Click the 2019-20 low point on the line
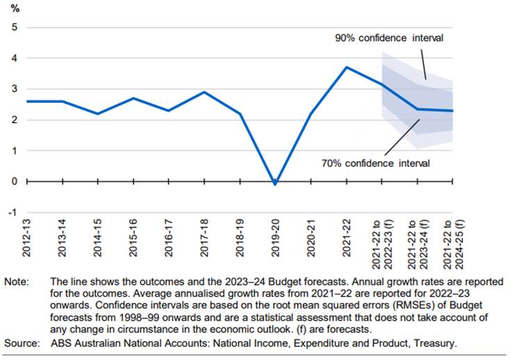tap(275, 184)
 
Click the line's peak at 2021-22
tap(346, 67)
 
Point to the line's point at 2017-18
tap(204, 92)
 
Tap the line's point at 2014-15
tap(98, 114)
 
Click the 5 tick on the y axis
tap(13, 28)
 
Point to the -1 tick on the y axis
tap(12, 212)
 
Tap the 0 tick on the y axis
tap(13, 181)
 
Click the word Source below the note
tap(21, 343)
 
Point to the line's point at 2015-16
tap(133, 99)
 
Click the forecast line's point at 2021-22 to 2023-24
tap(417, 109)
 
